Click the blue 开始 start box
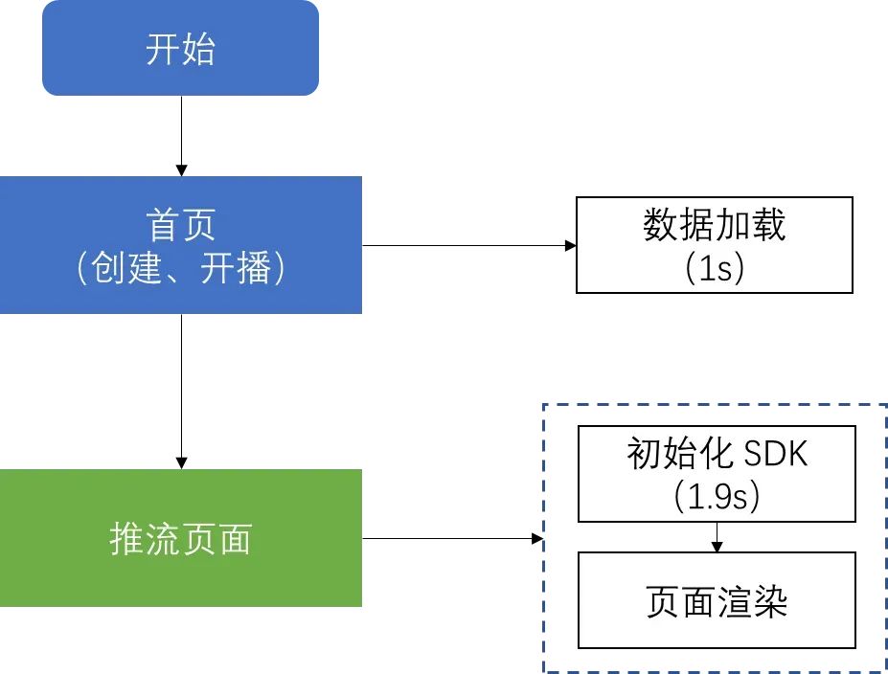(180, 48)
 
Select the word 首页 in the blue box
(180, 225)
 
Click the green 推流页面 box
(180, 538)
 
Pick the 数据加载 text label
(714, 225)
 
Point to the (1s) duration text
(715, 268)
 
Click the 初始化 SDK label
(717, 453)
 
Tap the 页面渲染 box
(717, 600)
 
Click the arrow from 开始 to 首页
(181, 134)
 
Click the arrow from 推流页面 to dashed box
(450, 539)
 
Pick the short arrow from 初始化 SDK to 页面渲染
(717, 537)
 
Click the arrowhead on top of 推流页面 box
(181, 463)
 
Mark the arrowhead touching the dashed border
(537, 539)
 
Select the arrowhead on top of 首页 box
(181, 169)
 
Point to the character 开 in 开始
(163, 48)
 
